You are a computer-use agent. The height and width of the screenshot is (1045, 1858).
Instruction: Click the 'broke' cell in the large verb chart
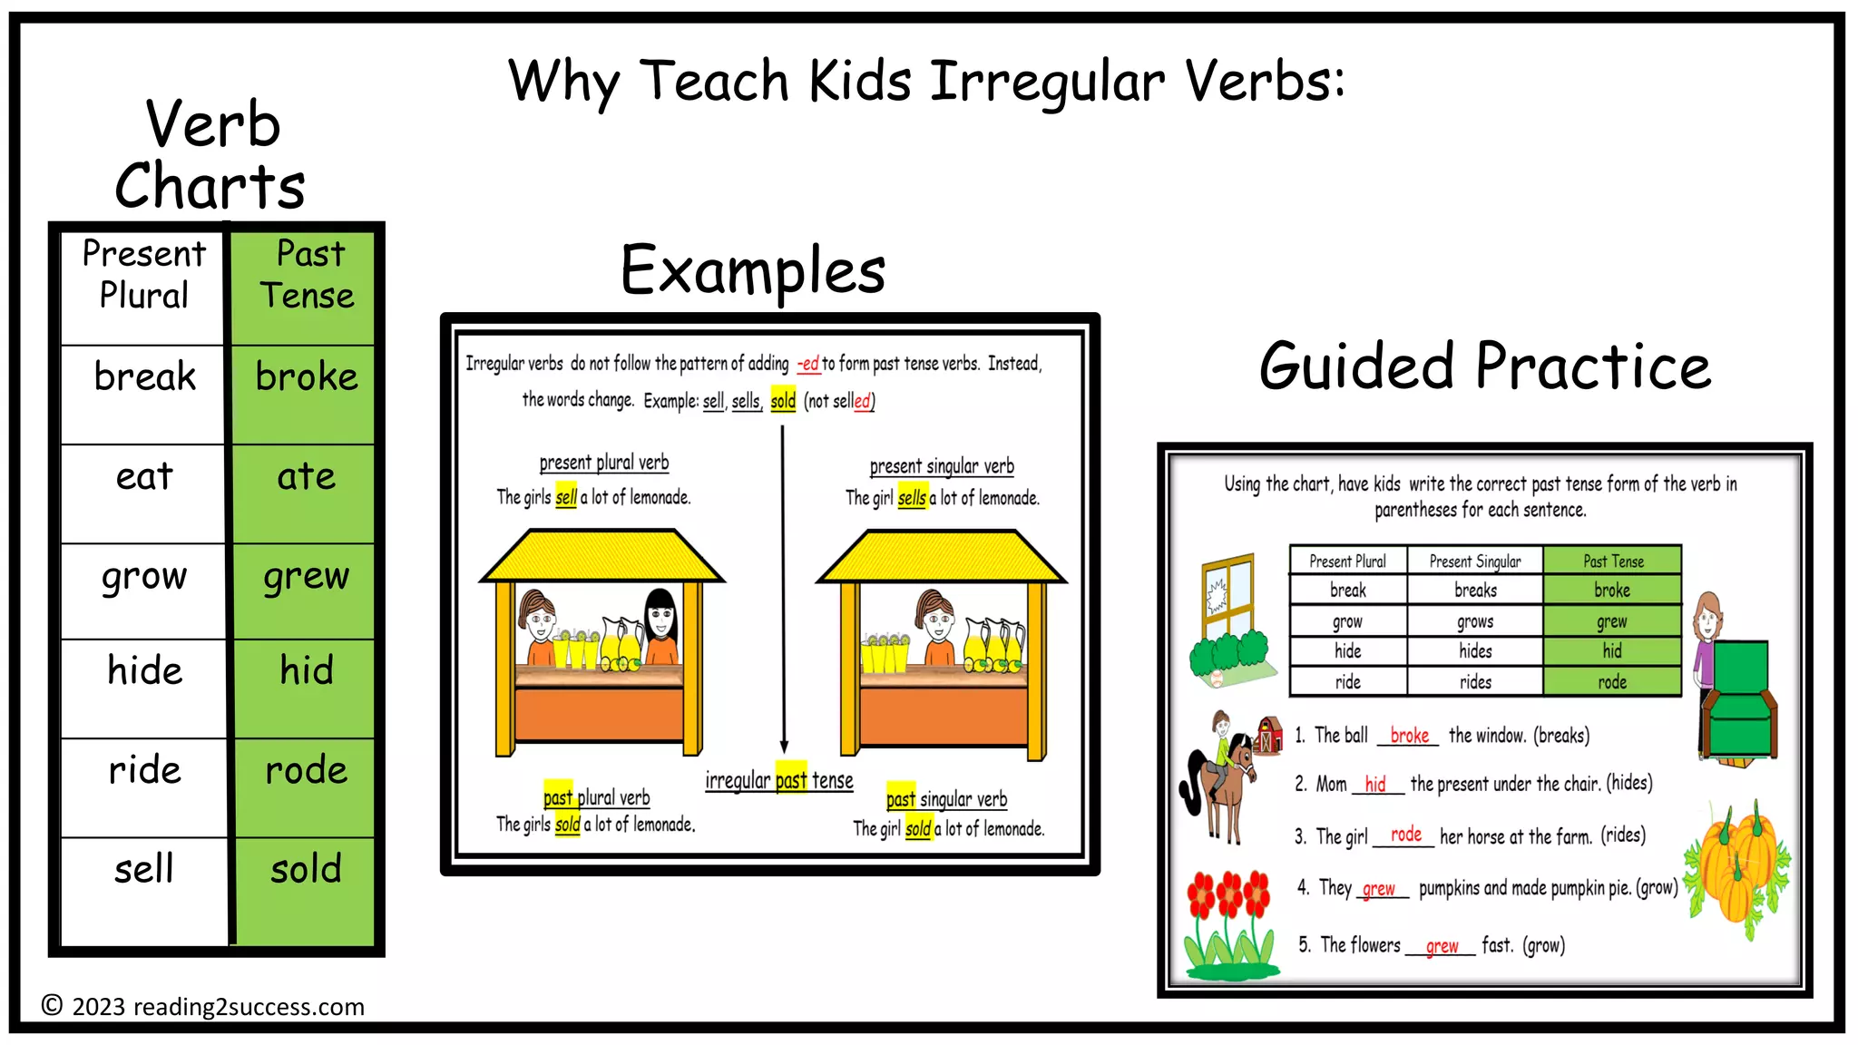306,377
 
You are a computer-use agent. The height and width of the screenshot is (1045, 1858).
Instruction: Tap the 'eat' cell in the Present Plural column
143,477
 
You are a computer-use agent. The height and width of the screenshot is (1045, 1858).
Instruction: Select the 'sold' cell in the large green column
306,870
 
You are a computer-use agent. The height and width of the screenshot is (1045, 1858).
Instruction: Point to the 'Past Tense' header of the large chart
308,275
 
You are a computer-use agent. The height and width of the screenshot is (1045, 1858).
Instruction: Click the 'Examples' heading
753,270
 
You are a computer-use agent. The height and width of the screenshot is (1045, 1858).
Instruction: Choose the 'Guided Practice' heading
1485,366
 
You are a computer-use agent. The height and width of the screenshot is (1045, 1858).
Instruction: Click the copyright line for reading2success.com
203,1006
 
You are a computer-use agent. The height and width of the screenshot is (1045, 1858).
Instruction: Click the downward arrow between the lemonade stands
783,590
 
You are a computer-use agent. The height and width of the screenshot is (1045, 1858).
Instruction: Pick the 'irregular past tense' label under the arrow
779,780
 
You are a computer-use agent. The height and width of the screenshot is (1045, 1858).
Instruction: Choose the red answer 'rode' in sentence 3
1405,835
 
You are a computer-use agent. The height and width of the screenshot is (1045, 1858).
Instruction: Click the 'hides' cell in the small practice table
1475,651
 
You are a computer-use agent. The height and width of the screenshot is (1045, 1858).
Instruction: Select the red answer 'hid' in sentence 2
1375,785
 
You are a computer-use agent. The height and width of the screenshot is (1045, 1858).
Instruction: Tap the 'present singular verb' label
942,466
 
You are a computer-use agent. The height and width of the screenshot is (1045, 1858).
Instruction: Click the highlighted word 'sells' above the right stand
912,498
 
